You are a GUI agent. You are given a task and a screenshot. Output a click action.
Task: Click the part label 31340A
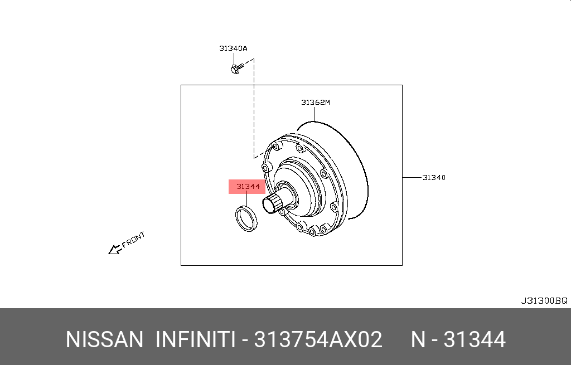[233, 48]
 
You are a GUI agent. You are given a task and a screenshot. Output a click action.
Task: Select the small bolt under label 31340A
[236, 69]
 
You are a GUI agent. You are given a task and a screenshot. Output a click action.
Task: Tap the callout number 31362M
[316, 102]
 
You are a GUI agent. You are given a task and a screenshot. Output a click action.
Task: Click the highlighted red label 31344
[247, 187]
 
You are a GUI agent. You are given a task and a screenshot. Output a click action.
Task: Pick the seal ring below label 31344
[245, 218]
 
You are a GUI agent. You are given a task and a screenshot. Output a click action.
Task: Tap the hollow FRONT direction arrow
[115, 249]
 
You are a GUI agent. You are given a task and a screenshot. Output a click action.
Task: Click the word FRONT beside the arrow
[134, 239]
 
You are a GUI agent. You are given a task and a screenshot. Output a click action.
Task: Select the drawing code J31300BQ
[544, 300]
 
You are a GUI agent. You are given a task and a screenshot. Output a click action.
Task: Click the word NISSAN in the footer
[104, 339]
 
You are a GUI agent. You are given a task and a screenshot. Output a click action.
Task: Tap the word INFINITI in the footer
[195, 339]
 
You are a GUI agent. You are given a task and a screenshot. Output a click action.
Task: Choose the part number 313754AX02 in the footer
[318, 339]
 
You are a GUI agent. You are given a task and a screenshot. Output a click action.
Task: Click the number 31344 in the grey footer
[475, 339]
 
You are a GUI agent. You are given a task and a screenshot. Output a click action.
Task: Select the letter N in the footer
[419, 339]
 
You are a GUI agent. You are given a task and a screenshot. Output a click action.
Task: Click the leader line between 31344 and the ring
[246, 199]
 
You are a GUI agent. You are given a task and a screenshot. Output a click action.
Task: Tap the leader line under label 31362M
[314, 114]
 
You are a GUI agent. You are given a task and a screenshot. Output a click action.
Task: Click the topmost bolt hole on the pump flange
[274, 147]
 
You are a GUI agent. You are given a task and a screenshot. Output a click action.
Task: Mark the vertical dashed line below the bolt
[254, 111]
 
